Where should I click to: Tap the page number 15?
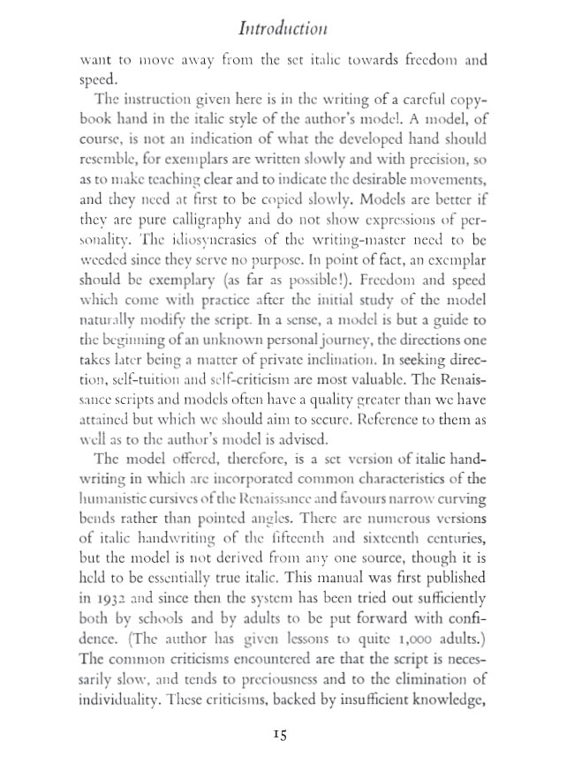282,734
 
